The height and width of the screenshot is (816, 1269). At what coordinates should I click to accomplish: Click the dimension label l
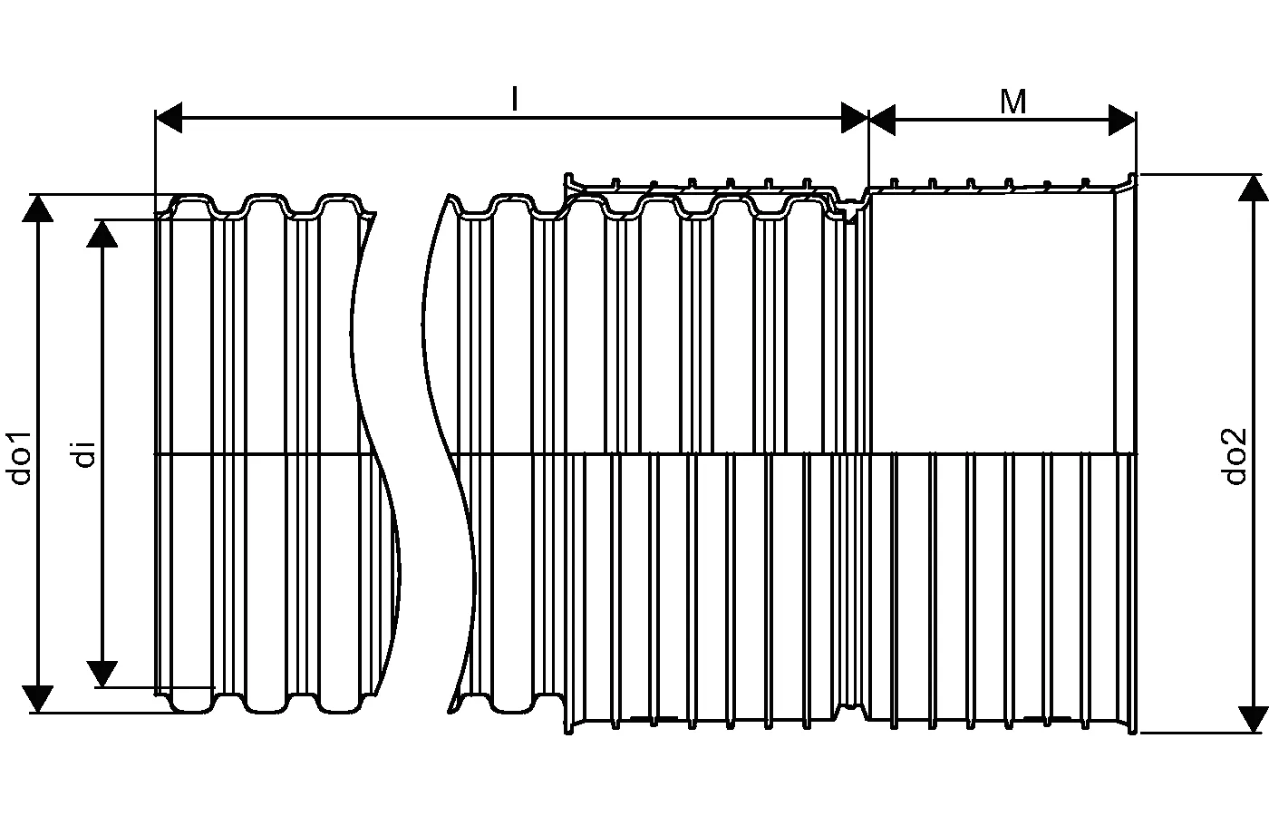point(515,99)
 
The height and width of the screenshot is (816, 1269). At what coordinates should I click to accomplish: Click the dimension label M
point(1013,102)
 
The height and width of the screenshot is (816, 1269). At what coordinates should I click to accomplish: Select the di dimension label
point(85,454)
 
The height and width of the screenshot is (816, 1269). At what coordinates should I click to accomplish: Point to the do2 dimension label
point(1235,456)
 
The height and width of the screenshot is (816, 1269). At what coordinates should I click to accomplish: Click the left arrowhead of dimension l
point(169,118)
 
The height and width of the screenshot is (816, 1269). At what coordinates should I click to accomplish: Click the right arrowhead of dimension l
point(855,118)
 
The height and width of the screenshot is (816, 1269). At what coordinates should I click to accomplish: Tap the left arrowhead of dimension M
point(882,120)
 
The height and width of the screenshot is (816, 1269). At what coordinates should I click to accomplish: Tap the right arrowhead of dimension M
point(1122,120)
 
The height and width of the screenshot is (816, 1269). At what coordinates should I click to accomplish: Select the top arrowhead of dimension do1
point(37,208)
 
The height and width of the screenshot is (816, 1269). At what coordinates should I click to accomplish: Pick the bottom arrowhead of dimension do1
point(37,699)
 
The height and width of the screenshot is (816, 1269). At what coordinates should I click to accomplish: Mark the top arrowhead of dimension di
point(102,234)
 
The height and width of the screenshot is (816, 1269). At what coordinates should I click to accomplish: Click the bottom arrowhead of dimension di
point(102,675)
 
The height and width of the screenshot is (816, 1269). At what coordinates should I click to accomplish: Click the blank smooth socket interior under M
point(993,323)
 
